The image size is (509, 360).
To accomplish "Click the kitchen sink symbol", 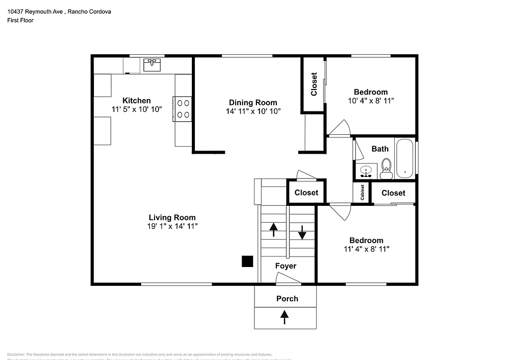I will point(152,65).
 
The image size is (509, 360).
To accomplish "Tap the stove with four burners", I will point(182,109).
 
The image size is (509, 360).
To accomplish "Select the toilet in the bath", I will point(386,169).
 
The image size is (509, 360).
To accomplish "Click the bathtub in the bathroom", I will point(405,158).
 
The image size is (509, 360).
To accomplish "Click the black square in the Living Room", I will point(247,262).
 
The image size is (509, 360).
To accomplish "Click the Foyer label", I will point(286,266).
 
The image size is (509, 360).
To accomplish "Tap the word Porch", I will point(287,298).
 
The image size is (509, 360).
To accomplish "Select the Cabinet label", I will point(362,193).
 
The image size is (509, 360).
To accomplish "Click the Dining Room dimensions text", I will point(254,111).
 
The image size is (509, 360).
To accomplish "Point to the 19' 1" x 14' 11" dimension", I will point(172,226).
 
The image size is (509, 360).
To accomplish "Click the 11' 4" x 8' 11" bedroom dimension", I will point(366,249).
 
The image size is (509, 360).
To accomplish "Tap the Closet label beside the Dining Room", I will point(314,85).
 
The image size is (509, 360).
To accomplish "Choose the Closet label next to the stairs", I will point(306,192).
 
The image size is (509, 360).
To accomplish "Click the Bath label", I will point(380,149).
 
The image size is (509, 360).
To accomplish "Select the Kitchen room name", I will point(137,100).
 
